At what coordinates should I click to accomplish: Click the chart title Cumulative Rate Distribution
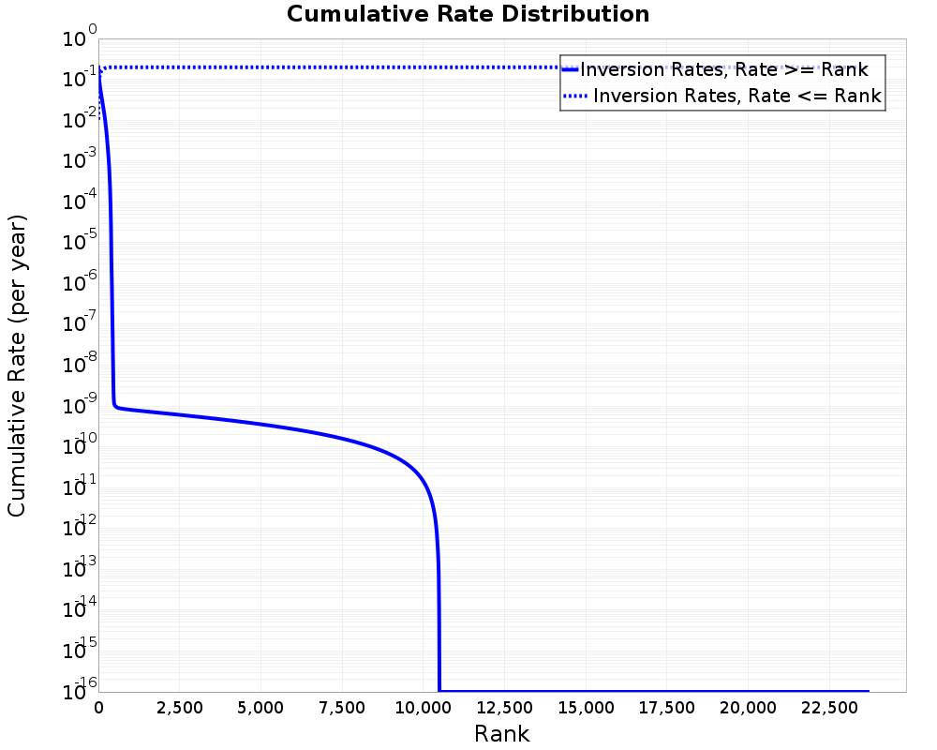[468, 15]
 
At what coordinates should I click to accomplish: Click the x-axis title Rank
[501, 733]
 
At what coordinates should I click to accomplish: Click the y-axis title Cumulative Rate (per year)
[17, 366]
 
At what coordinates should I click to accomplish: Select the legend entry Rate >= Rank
[723, 69]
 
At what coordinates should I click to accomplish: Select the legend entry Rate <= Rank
[736, 96]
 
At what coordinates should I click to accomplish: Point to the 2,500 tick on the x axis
[179, 708]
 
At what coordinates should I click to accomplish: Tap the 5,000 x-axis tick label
[260, 708]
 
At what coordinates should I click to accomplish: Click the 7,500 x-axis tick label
[342, 708]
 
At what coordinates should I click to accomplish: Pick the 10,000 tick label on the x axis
[423, 708]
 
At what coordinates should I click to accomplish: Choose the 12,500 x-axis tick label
[504, 708]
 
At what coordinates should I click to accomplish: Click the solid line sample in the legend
[571, 69]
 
